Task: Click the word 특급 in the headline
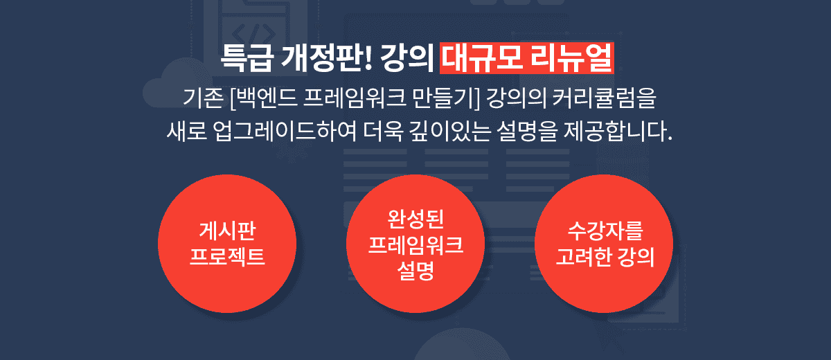coord(247,58)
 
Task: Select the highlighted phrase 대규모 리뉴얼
coord(527,58)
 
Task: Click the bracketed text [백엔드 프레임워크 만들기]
coord(355,98)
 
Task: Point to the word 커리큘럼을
coord(605,98)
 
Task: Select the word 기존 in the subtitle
coord(204,98)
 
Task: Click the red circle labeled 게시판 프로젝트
coord(227,244)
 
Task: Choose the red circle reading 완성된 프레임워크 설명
coord(415,244)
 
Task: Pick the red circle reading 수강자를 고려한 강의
coord(604,244)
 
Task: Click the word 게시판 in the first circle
coord(227,231)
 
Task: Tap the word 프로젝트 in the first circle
coord(227,256)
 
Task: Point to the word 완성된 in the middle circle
coord(415,218)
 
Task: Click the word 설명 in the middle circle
coord(415,270)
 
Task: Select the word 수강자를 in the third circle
coord(605,231)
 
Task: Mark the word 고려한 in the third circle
coord(584,257)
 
